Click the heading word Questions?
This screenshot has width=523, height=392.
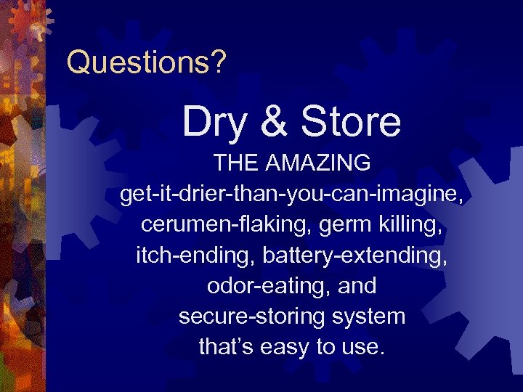[146, 62]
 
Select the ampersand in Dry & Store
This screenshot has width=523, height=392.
[272, 121]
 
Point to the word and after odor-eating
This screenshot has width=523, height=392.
[357, 286]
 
